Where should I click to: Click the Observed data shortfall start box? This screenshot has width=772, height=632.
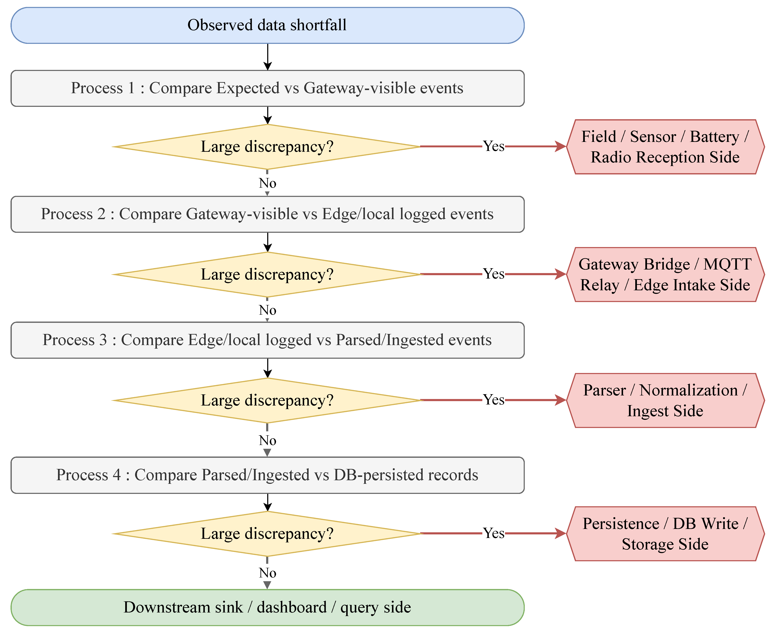pos(267,25)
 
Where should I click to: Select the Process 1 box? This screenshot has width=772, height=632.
pos(267,88)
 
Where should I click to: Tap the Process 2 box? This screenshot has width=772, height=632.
pos(267,214)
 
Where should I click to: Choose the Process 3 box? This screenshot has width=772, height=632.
pos(267,340)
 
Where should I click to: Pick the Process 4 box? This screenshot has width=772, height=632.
pos(267,475)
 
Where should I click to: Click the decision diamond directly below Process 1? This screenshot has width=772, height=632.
pos(267,147)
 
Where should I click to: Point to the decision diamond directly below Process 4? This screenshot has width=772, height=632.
pos(267,534)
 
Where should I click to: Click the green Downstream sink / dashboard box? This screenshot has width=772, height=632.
pos(267,607)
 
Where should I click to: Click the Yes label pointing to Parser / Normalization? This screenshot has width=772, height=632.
pos(494,400)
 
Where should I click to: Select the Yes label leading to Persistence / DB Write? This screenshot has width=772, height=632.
pos(494,533)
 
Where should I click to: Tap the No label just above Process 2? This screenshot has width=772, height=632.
pos(267,183)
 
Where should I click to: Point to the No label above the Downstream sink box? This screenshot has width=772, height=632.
pos(267,573)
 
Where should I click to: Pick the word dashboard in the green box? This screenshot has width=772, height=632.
pos(291,607)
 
